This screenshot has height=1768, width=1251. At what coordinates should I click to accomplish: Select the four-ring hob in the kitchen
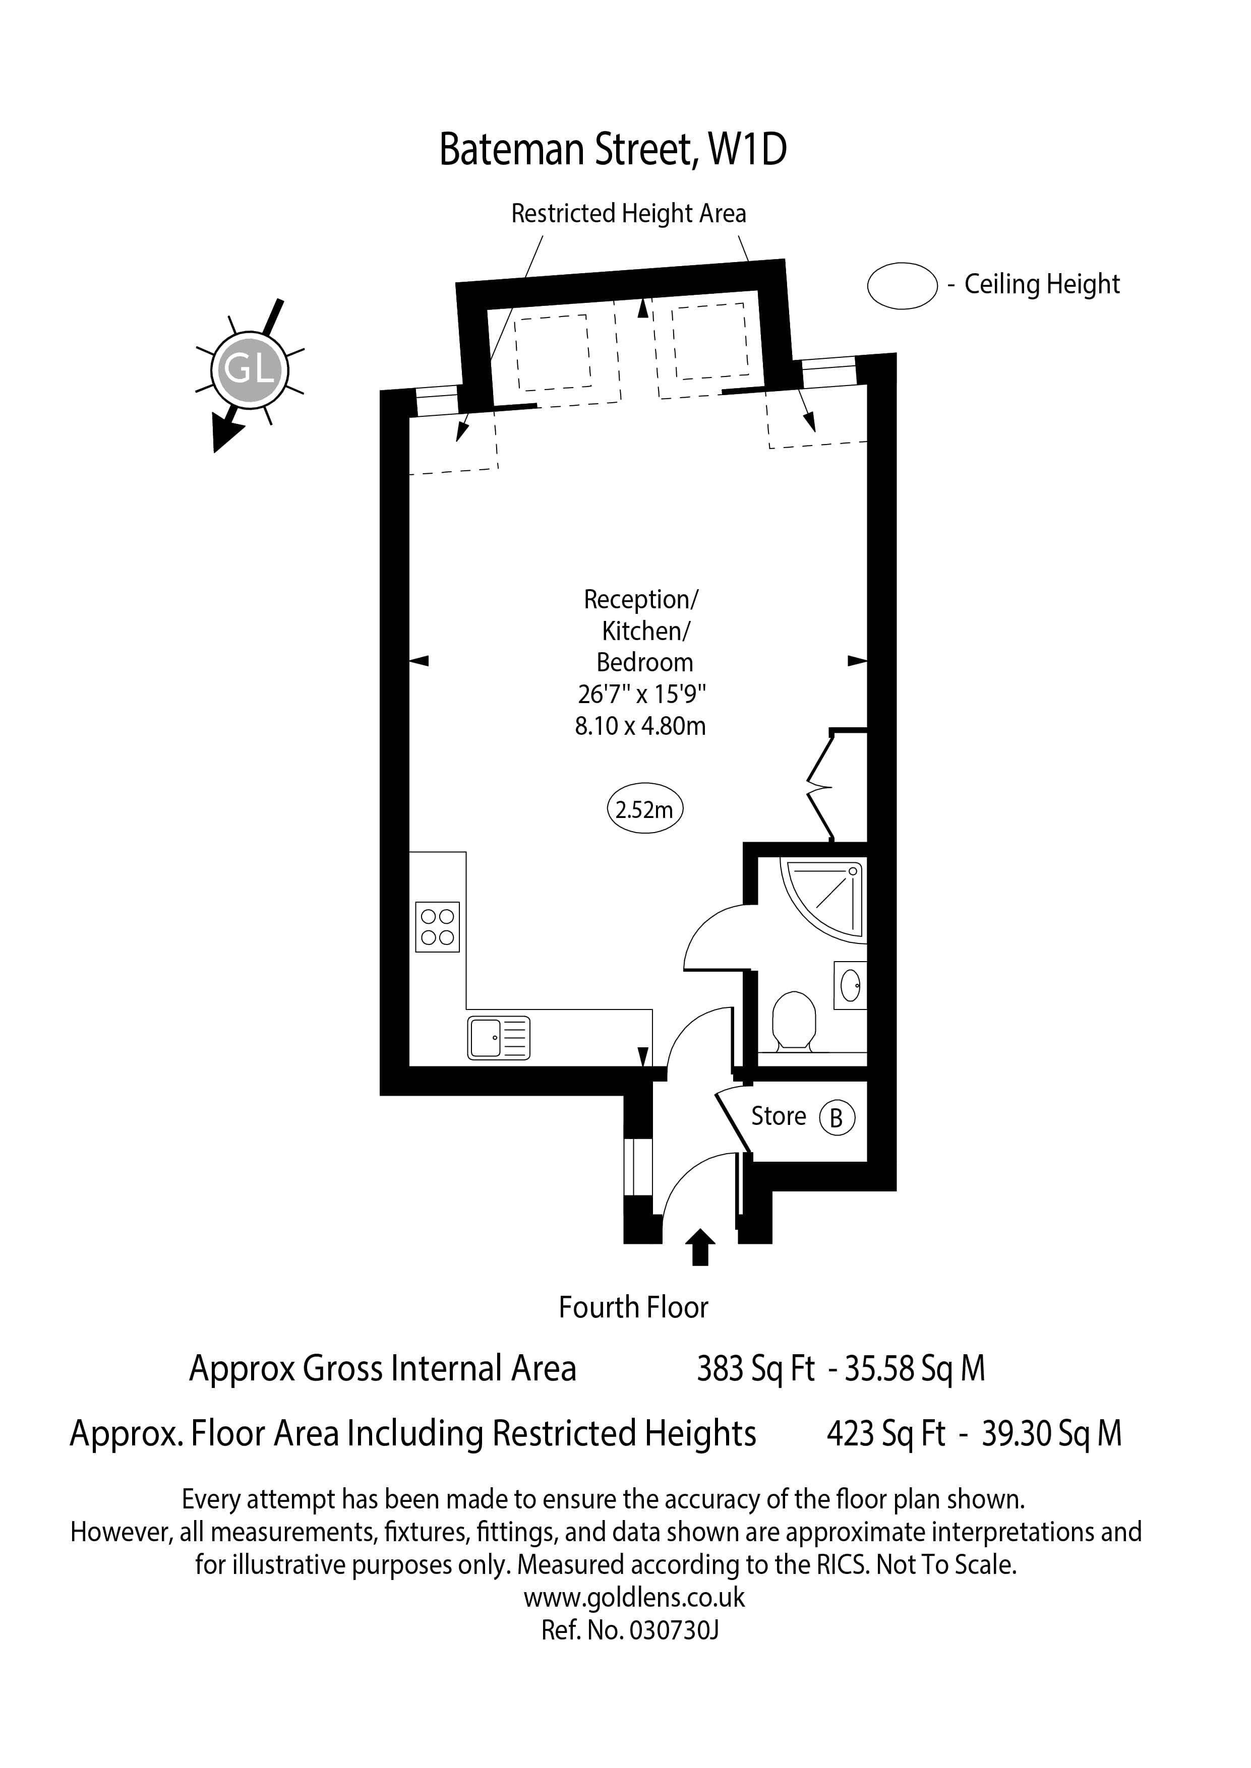(438, 927)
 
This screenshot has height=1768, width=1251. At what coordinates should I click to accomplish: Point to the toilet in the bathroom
(794, 1021)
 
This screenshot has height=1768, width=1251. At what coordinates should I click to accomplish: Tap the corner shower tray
(824, 900)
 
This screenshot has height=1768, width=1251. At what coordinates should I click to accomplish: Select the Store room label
(779, 1116)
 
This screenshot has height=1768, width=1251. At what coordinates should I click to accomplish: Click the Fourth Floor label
(633, 1307)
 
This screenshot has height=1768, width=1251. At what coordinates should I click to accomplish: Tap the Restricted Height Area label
(629, 213)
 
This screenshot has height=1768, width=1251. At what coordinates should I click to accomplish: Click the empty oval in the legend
(902, 286)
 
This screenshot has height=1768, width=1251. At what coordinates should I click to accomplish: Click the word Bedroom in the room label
(645, 662)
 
